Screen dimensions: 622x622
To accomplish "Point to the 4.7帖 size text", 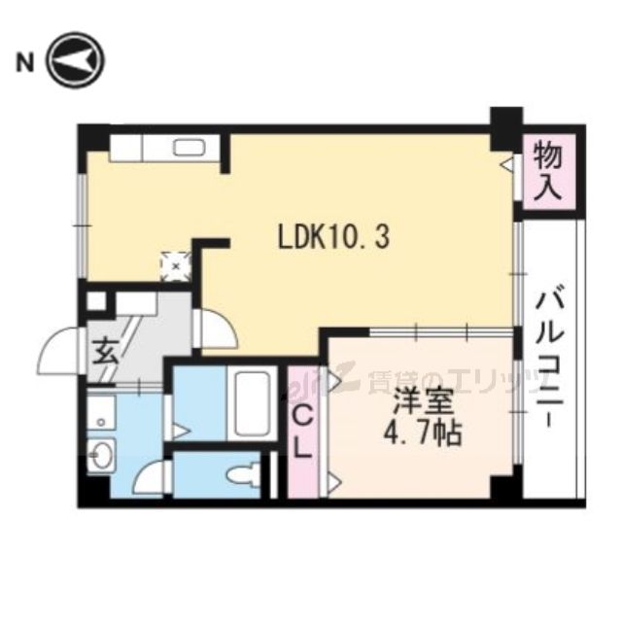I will coord(419,432).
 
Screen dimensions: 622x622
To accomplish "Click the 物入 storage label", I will coord(551,171).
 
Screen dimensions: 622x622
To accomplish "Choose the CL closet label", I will coord(302,432).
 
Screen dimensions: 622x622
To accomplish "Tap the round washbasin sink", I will coord(100,453).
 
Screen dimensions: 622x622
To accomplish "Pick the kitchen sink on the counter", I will coord(190,148).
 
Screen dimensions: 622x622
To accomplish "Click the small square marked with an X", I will coord(176,261).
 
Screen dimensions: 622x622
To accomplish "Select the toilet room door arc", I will coord(153,475).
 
